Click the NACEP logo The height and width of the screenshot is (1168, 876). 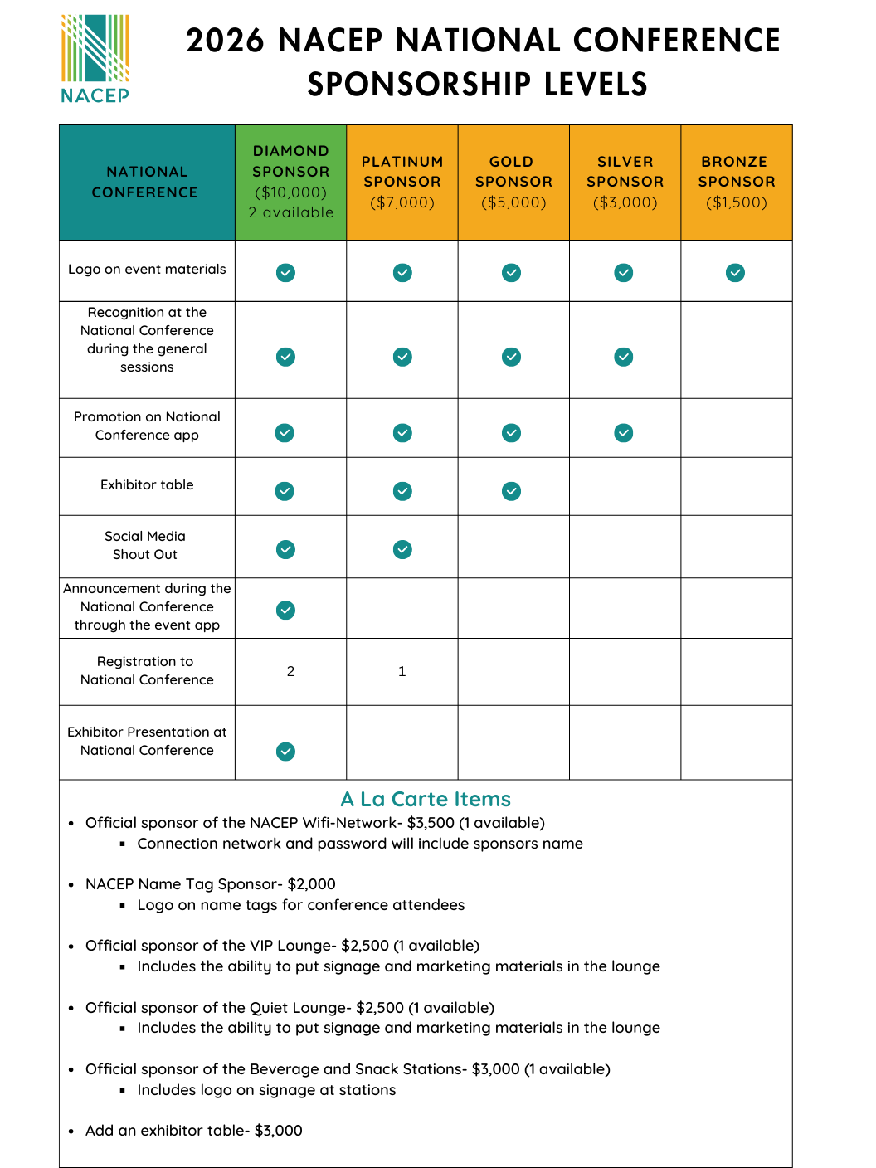click(x=95, y=58)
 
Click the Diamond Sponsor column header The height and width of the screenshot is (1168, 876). click(x=290, y=182)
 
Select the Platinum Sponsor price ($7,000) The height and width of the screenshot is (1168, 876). click(x=402, y=202)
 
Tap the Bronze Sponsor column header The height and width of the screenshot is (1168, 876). click(x=736, y=182)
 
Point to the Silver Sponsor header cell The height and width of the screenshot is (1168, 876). click(x=625, y=182)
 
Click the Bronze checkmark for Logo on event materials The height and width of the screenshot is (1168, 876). click(x=735, y=272)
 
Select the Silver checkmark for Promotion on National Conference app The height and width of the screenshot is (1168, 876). click(x=624, y=433)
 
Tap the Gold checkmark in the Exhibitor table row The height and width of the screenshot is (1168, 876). click(x=512, y=491)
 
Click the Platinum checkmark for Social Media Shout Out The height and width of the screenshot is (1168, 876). click(x=402, y=549)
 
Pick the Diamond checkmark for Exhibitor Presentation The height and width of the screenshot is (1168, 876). click(x=285, y=752)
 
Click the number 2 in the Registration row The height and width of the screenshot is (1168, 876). click(x=290, y=671)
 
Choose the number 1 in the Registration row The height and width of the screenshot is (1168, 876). click(x=402, y=671)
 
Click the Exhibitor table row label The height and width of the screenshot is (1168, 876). click(x=147, y=484)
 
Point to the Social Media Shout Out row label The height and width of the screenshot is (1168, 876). click(x=145, y=545)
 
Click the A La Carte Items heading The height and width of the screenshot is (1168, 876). click(x=426, y=799)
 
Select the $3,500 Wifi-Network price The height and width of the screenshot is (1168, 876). click(x=431, y=823)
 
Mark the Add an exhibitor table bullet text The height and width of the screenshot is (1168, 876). click(x=193, y=1131)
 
